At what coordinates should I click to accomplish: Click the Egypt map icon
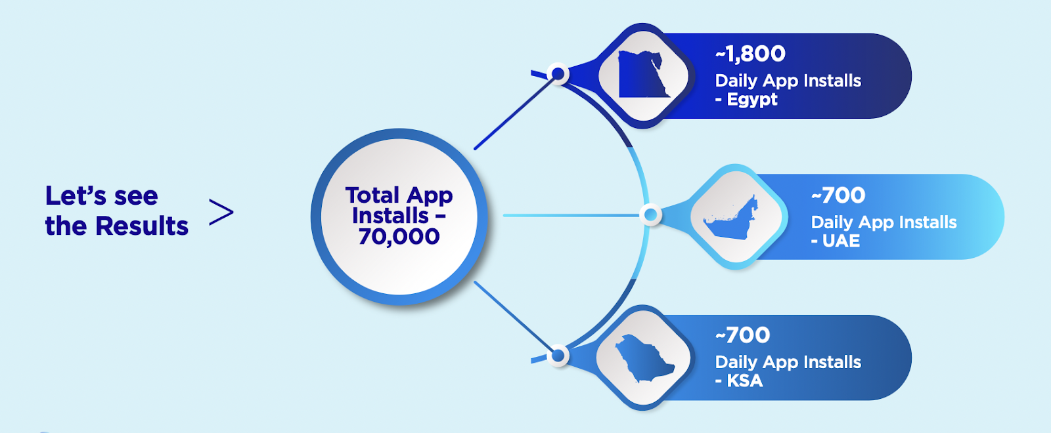(643, 75)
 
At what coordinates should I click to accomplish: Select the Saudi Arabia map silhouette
(643, 358)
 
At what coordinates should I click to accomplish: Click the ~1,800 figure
(750, 54)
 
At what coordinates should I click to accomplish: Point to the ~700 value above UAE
(838, 196)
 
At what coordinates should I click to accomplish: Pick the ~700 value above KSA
(742, 335)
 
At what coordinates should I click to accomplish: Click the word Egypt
(752, 100)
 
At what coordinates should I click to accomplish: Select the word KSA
(745, 381)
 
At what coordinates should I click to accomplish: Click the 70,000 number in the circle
(399, 236)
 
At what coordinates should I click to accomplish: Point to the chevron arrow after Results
(221, 212)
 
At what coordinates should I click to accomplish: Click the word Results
(142, 226)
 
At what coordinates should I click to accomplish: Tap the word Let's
(76, 196)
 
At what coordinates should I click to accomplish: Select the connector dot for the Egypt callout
(558, 74)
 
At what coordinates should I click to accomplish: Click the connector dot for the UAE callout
(650, 215)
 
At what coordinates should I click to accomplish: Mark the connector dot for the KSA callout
(558, 356)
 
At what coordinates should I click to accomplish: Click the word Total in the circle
(372, 195)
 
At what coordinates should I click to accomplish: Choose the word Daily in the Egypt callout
(736, 81)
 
